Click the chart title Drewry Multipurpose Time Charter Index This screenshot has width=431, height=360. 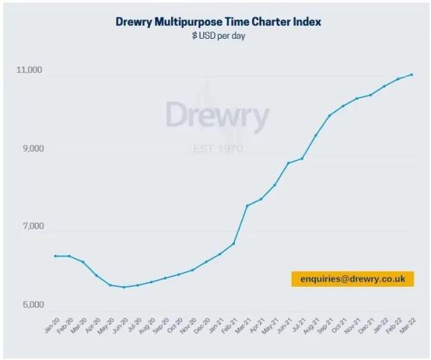pyautogui.click(x=218, y=22)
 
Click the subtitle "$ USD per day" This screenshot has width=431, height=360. pyautogui.click(x=218, y=36)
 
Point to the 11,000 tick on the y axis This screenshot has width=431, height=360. pyautogui.click(x=29, y=70)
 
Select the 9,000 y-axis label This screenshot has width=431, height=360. pyautogui.click(x=32, y=149)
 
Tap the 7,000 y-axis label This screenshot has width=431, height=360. pyautogui.click(x=32, y=226)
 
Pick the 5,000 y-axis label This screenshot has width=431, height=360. pyautogui.click(x=32, y=305)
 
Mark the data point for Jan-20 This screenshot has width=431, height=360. pyautogui.click(x=55, y=256)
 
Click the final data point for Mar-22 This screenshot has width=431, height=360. pyautogui.click(x=412, y=74)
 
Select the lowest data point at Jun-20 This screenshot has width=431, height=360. pyautogui.click(x=124, y=287)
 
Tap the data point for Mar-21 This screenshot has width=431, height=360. pyautogui.click(x=247, y=206)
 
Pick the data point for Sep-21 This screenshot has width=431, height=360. pyautogui.click(x=330, y=115)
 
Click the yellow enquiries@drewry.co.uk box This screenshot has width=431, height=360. pyautogui.click(x=353, y=279)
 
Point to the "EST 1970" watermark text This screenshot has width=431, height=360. pyautogui.click(x=218, y=149)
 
